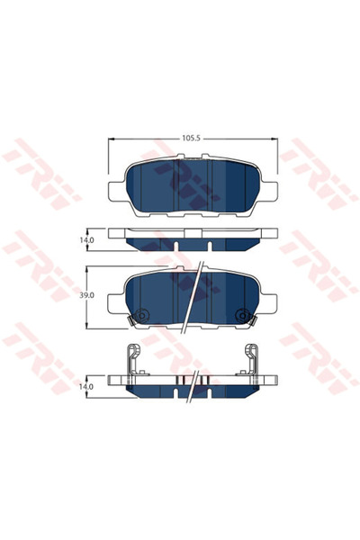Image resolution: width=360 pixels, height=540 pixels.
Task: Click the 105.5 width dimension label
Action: [190, 139]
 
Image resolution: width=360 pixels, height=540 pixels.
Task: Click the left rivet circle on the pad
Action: [140, 315]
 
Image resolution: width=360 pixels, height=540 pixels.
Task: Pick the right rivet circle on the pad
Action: [240, 315]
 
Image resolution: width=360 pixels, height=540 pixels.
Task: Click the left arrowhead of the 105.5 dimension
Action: [112, 139]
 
